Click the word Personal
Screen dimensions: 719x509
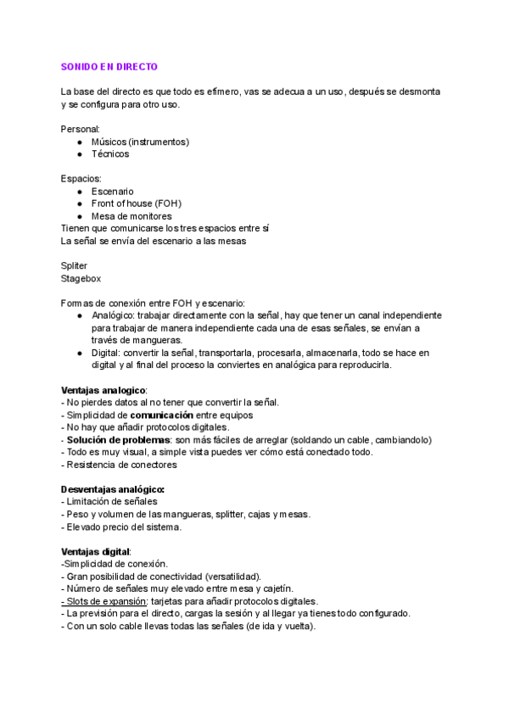(x=80, y=129)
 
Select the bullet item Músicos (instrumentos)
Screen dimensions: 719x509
(x=140, y=142)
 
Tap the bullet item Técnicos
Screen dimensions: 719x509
(x=110, y=154)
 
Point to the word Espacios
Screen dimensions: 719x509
(x=81, y=179)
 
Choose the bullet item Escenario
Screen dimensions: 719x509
(x=112, y=192)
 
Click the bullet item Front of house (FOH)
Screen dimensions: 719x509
(x=136, y=203)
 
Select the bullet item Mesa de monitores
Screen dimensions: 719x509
(x=131, y=216)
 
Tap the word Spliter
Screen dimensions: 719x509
(x=74, y=265)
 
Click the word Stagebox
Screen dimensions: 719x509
(x=80, y=278)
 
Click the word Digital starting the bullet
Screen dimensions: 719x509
(x=107, y=353)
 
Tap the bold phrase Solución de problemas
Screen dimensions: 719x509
(x=119, y=440)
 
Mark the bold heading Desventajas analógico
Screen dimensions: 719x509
(x=113, y=489)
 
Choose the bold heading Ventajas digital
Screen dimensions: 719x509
(x=95, y=551)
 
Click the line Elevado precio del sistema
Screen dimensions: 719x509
(x=122, y=527)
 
